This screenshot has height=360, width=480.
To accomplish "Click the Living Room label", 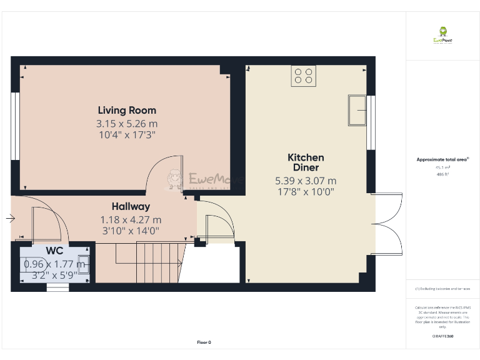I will (126, 111).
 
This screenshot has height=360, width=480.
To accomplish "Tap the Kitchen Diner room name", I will (306, 162).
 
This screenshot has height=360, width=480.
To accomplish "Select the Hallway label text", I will (131, 206).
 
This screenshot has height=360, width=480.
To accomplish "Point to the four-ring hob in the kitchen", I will (304, 76).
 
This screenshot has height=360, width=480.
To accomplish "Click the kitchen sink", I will (357, 111).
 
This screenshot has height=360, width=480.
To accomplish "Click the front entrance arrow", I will (9, 219).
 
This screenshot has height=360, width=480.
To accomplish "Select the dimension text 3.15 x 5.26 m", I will (126, 123).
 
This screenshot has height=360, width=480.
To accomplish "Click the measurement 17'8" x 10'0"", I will (306, 192).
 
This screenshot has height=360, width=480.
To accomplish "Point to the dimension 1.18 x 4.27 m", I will (131, 219).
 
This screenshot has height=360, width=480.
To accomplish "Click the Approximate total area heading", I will (442, 160).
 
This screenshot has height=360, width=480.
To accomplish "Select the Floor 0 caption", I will (204, 342).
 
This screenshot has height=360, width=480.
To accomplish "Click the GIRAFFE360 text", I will (442, 336).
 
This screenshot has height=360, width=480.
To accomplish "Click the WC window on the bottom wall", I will (58, 287).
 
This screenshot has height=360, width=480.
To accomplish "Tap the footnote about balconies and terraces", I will (442, 289).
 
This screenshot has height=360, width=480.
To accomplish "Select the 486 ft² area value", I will (442, 174).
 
